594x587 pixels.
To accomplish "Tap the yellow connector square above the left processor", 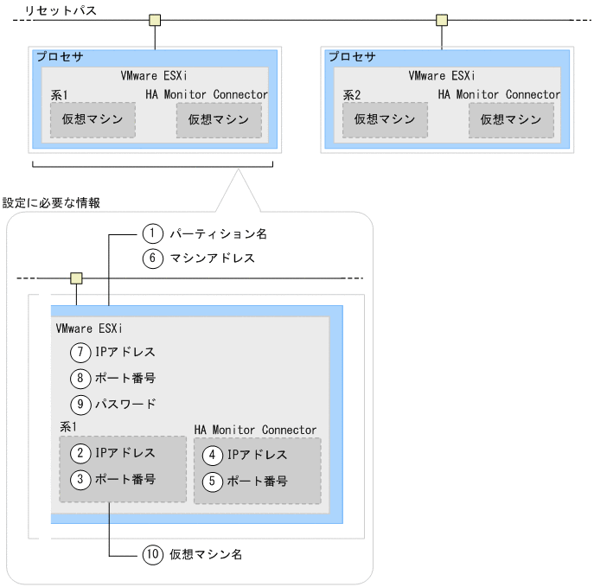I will point(155,19).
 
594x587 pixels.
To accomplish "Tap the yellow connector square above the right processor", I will point(442,19).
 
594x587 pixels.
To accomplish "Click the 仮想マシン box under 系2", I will point(385,120).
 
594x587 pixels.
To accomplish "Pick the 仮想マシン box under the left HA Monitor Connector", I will point(219,120).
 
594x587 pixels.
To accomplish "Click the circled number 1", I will point(152,233).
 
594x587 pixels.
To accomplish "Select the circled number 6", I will point(152,258).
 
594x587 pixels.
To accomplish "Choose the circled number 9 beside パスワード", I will point(81,404).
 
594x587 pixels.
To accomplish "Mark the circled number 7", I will point(81,352).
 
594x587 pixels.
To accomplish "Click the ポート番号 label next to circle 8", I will point(125,378).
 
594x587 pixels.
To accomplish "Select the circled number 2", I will point(81,452).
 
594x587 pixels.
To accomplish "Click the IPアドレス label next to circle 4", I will point(257,455).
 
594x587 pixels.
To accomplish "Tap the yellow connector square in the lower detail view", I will point(76,278).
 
